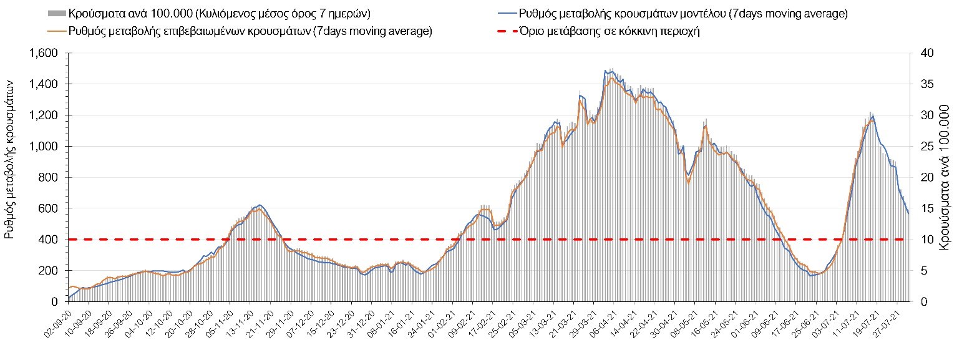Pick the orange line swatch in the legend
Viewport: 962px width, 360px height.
pos(56,31)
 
